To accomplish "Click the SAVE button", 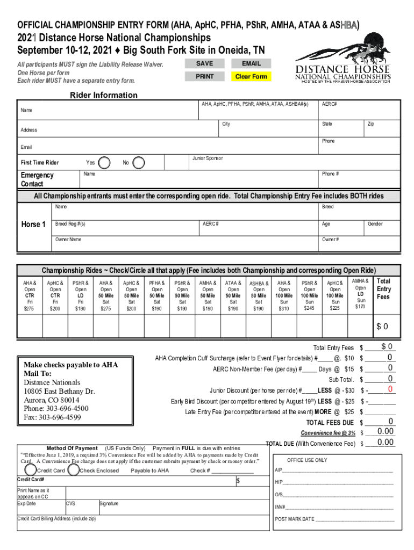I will click(204, 63).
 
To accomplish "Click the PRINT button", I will click(204, 77).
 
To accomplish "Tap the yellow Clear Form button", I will click(251, 77).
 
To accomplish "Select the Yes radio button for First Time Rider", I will click(105, 162).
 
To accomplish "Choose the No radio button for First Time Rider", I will click(138, 162).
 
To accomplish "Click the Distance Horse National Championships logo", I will click(343, 60).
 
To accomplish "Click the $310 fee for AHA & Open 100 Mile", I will click(283, 309).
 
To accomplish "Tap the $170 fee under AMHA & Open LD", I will click(360, 307).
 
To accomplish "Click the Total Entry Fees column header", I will click(384, 289).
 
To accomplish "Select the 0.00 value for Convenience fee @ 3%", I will click(385, 431).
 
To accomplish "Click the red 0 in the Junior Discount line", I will click(390, 389).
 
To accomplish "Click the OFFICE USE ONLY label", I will click(306, 460).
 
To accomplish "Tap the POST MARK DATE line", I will click(333, 519).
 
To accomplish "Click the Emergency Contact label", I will click(37, 179).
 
